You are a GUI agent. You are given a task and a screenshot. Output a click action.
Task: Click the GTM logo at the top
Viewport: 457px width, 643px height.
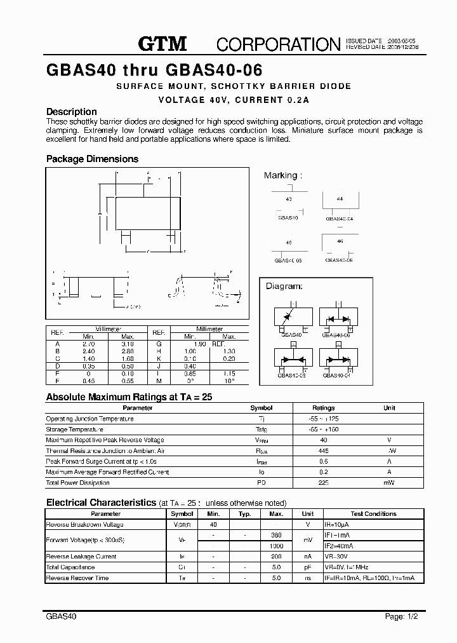click(162, 43)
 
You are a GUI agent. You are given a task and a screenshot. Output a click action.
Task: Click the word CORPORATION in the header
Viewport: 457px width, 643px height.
click(279, 44)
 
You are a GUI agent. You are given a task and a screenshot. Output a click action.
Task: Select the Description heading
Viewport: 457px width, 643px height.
click(72, 112)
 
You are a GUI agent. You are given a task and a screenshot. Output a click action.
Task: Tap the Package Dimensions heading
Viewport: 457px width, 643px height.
click(92, 159)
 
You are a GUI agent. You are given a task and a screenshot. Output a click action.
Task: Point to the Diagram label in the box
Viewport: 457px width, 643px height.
click(284, 287)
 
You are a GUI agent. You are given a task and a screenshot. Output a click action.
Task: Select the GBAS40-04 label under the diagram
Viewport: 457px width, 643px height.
click(336, 376)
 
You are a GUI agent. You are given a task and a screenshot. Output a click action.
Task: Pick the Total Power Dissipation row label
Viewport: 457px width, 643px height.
click(78, 483)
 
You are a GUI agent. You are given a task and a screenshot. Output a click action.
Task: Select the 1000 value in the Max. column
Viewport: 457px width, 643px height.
click(276, 546)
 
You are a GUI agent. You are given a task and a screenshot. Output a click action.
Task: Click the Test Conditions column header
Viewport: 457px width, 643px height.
click(373, 514)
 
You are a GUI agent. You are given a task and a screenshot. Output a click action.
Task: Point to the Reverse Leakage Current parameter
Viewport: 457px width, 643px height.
click(81, 557)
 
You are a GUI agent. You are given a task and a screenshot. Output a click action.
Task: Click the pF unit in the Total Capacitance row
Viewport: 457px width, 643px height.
click(308, 567)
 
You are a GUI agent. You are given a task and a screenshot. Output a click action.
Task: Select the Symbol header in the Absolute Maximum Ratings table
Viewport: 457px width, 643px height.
click(262, 408)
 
